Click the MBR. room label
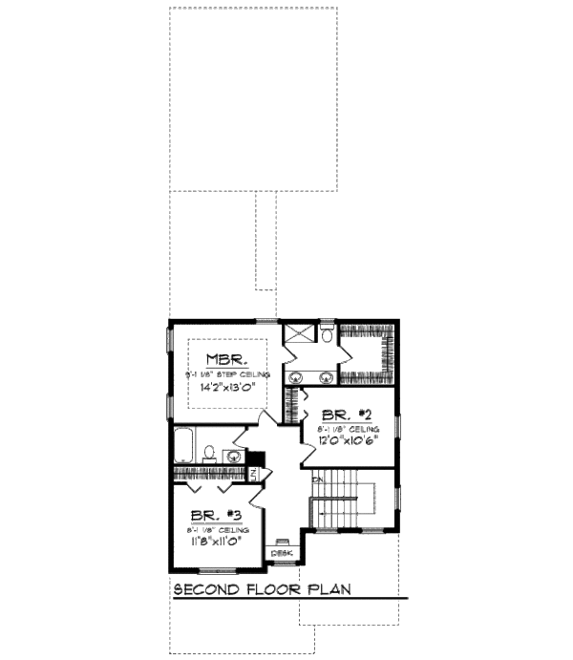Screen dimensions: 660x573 click(x=227, y=360)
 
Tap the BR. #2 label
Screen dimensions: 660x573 click(x=340, y=416)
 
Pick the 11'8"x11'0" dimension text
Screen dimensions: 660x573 click(x=213, y=541)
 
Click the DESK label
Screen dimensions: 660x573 click(x=283, y=552)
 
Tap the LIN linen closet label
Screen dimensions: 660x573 click(x=254, y=474)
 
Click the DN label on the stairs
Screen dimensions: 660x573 click(x=316, y=479)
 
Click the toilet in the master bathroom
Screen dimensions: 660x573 click(x=326, y=334)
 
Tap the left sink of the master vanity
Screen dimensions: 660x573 click(x=298, y=374)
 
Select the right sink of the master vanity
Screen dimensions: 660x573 click(x=326, y=374)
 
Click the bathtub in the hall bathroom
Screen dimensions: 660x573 click(x=185, y=447)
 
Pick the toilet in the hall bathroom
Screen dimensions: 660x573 click(x=209, y=454)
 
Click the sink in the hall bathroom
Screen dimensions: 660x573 click(x=230, y=455)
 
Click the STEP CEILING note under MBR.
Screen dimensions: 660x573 click(x=229, y=374)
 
